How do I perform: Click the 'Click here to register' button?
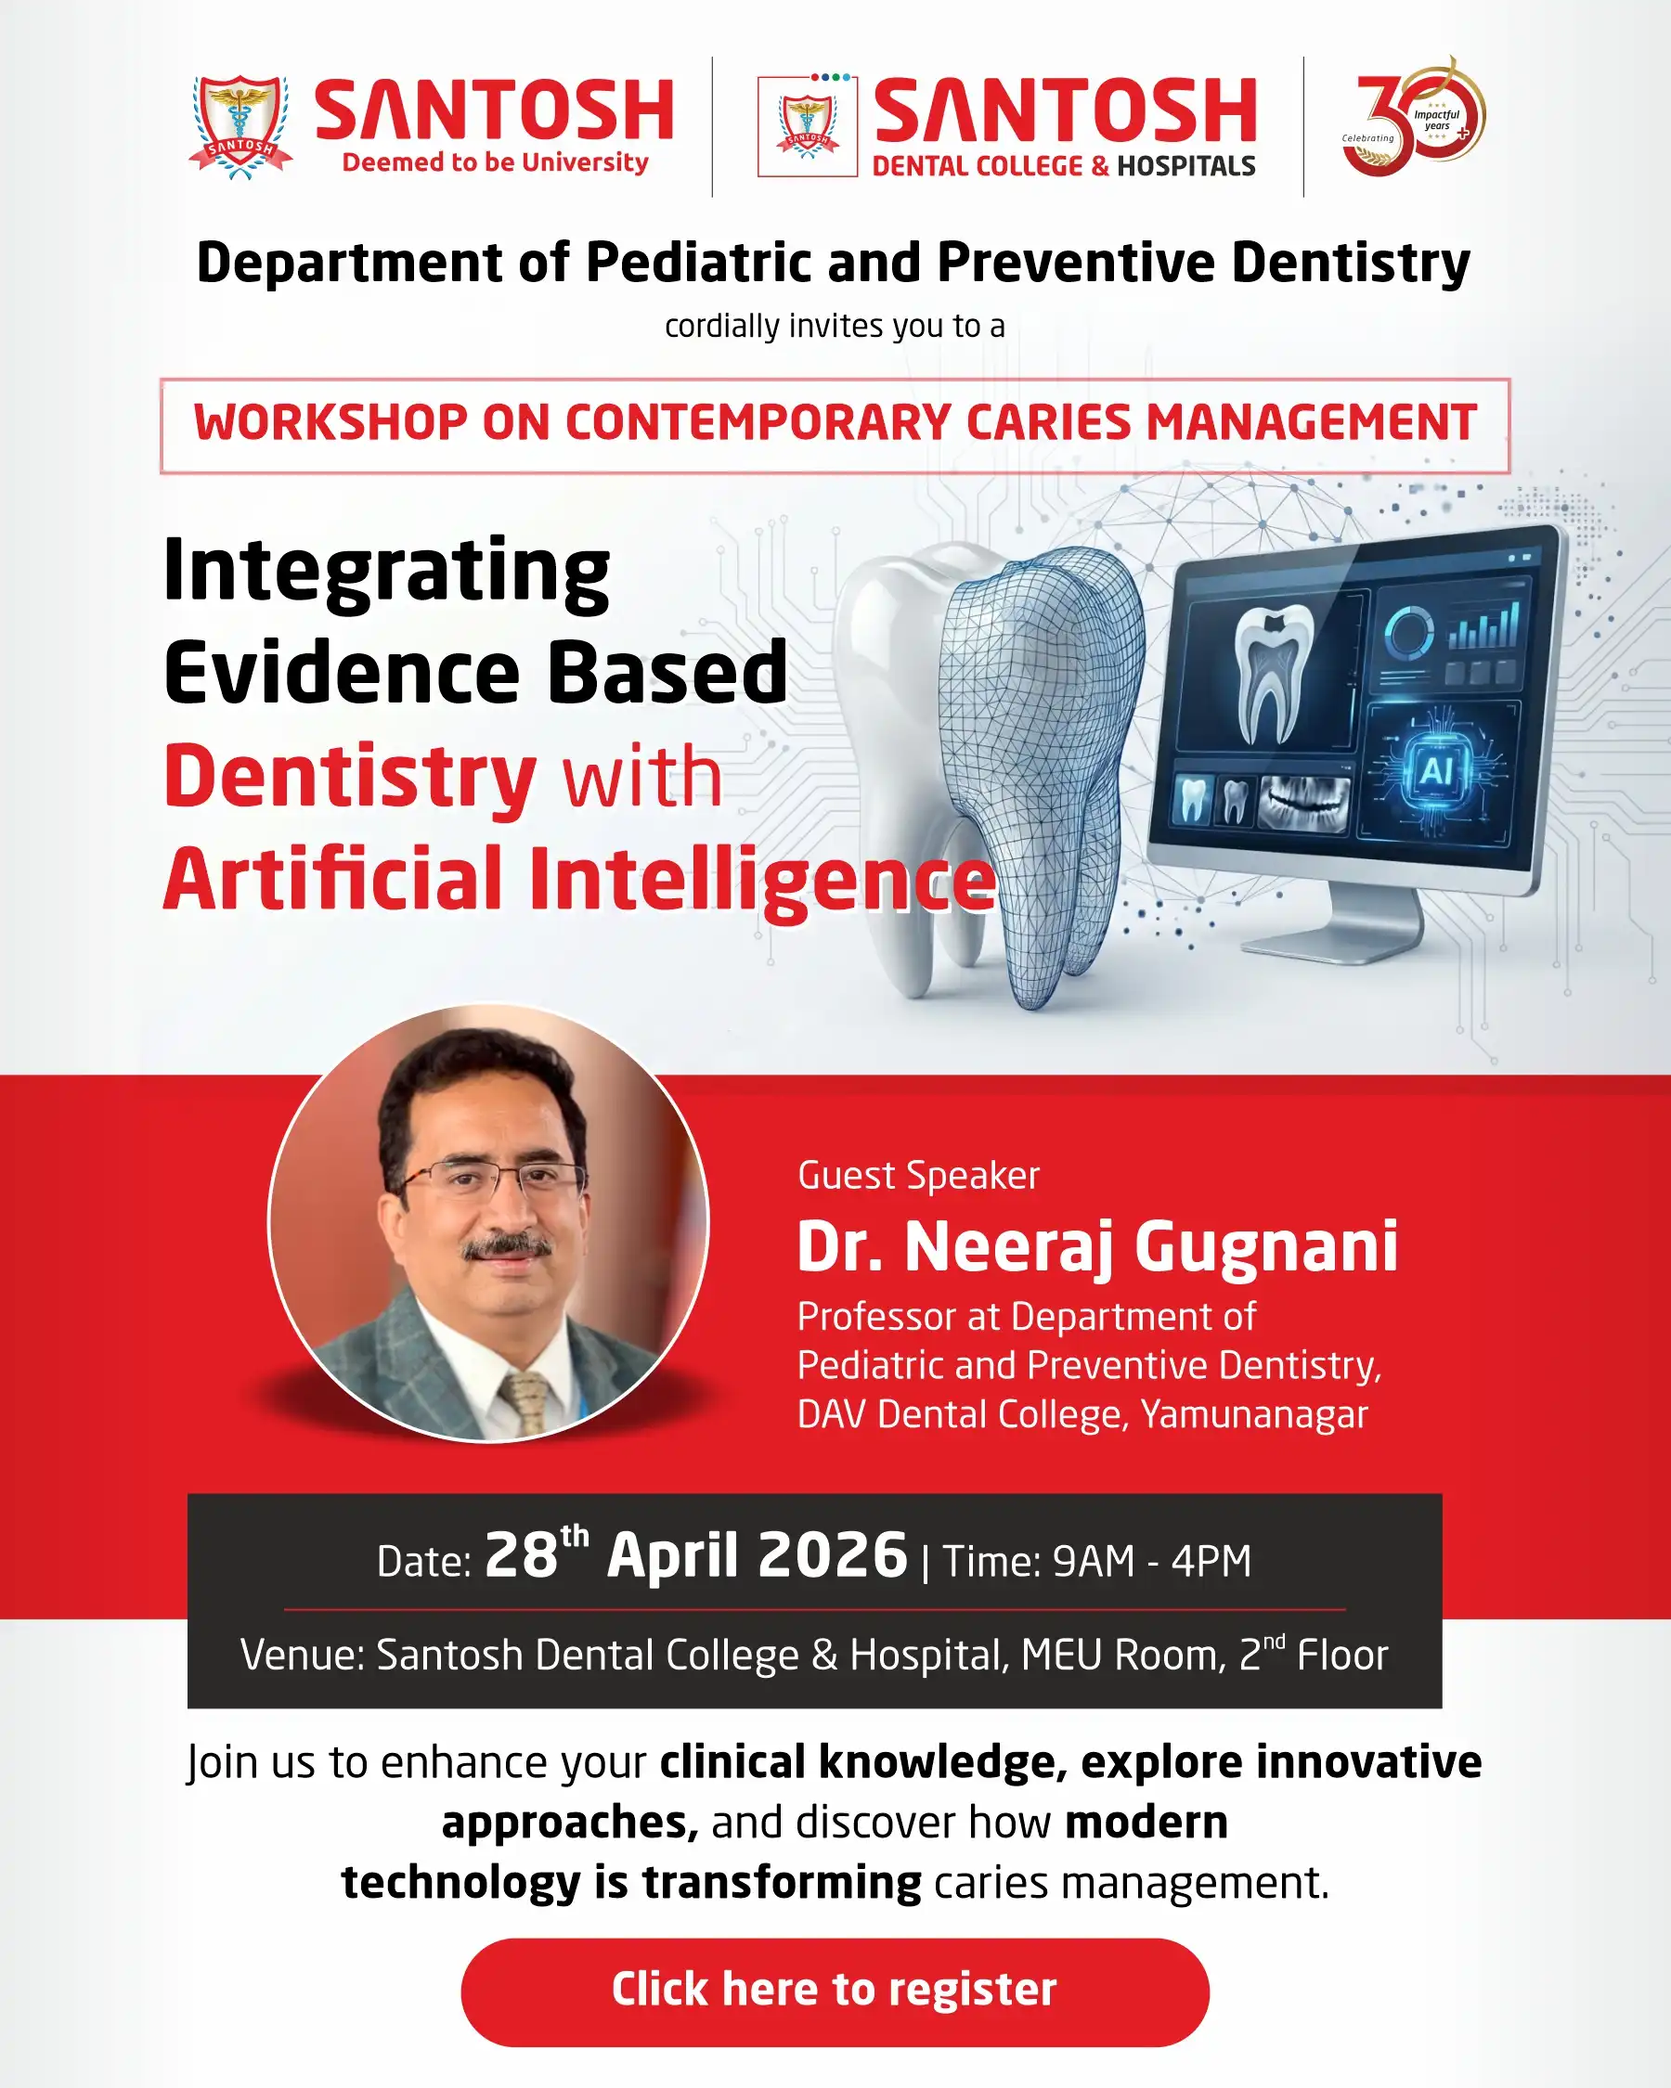coord(835,1992)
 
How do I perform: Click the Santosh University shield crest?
coord(240,127)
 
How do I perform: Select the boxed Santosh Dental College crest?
coord(808,127)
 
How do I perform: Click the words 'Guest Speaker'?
coord(918,1175)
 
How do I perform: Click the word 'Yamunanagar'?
coord(1254,1415)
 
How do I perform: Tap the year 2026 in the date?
coord(833,1555)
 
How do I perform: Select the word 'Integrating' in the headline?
coord(386,574)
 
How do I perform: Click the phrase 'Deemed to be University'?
coord(495,162)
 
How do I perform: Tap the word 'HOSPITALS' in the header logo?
coord(1185,166)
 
